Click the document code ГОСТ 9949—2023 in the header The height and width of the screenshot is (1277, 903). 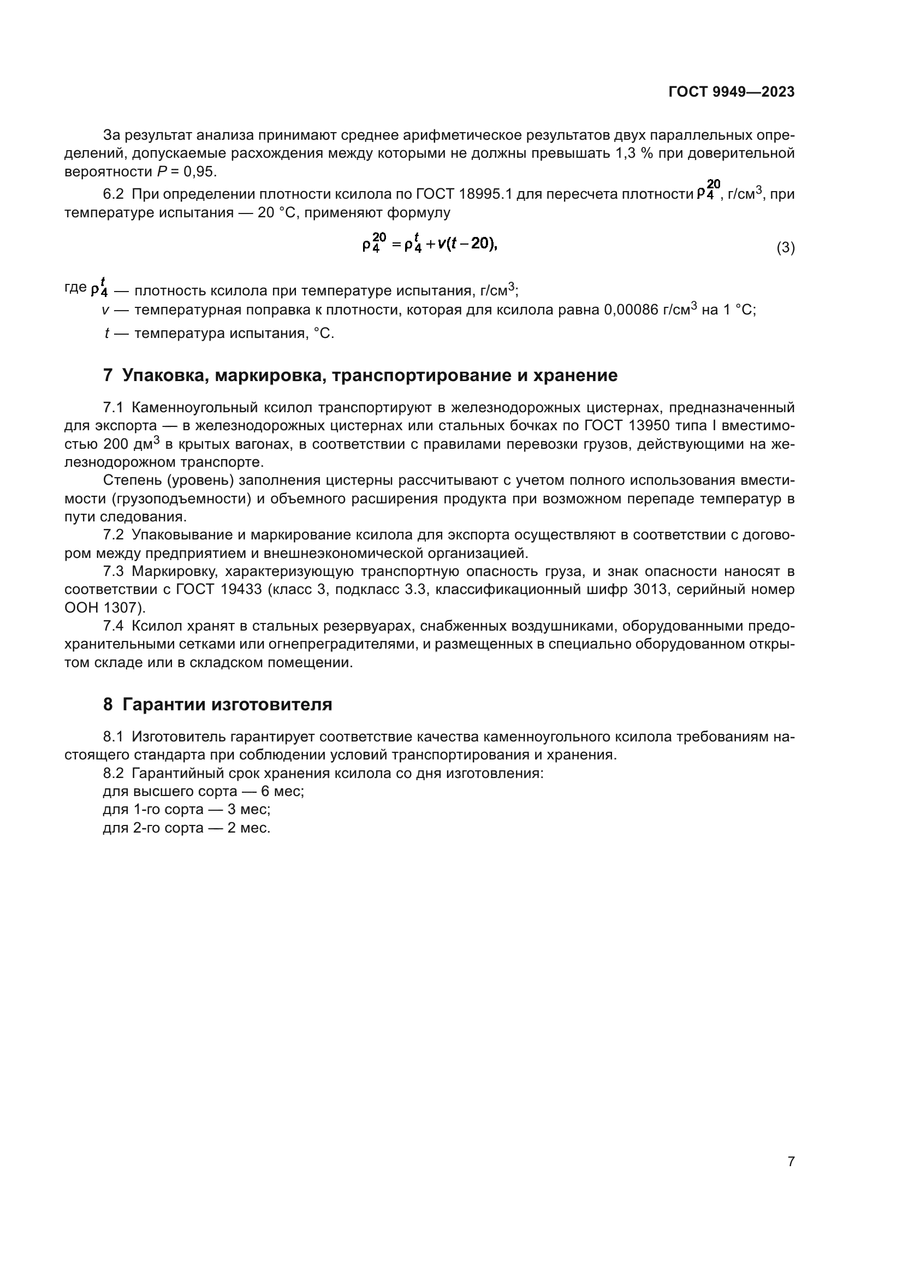pyautogui.click(x=731, y=92)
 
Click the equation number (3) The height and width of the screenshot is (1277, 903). pyautogui.click(x=785, y=247)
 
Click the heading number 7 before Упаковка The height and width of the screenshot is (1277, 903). pyautogui.click(x=108, y=376)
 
